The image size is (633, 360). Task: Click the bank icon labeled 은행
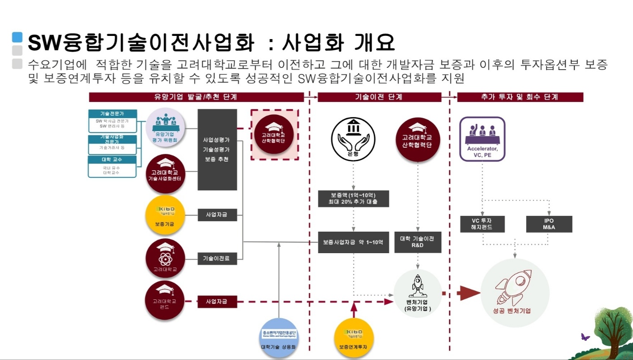[353, 139]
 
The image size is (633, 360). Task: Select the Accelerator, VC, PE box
[482, 139]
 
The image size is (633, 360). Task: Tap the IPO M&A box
[549, 224]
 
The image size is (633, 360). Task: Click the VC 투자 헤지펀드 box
[482, 224]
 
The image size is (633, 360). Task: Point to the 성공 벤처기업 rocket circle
[515, 291]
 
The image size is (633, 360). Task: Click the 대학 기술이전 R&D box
[418, 242]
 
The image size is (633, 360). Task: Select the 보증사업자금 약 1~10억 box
[353, 242]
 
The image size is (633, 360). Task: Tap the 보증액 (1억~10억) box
[353, 198]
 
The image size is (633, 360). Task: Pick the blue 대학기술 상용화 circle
[279, 338]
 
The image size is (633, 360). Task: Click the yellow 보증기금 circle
[165, 215]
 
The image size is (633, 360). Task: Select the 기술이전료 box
[217, 258]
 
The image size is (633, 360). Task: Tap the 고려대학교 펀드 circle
[165, 300]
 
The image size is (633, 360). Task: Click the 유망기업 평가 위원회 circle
[165, 127]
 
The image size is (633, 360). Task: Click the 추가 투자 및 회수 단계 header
[520, 97]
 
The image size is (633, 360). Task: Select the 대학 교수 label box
[112, 159]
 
